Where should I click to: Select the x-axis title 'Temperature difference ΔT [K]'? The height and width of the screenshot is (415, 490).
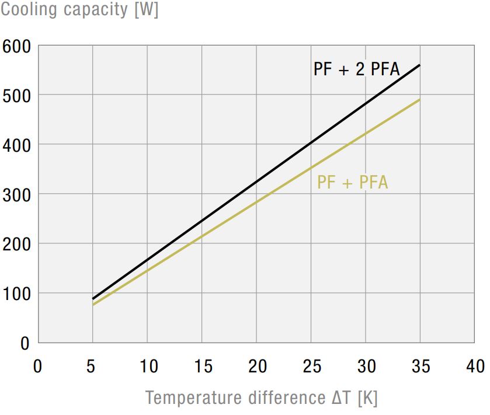(x=262, y=398)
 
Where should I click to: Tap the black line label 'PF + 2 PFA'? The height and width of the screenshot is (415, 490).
(x=356, y=69)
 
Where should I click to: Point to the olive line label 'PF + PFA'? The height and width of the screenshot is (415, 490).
(x=353, y=182)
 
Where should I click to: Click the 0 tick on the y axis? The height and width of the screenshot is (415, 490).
(x=24, y=343)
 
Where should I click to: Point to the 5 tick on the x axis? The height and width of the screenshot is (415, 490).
(x=92, y=367)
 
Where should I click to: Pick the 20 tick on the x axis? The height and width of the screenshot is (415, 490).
(x=256, y=367)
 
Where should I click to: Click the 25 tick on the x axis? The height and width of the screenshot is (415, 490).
(x=311, y=367)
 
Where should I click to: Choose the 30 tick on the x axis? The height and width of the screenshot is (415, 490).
(x=366, y=367)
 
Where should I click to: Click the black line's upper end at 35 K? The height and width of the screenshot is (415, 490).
(x=420, y=65)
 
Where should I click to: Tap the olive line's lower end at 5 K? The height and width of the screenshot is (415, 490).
(x=93, y=305)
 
